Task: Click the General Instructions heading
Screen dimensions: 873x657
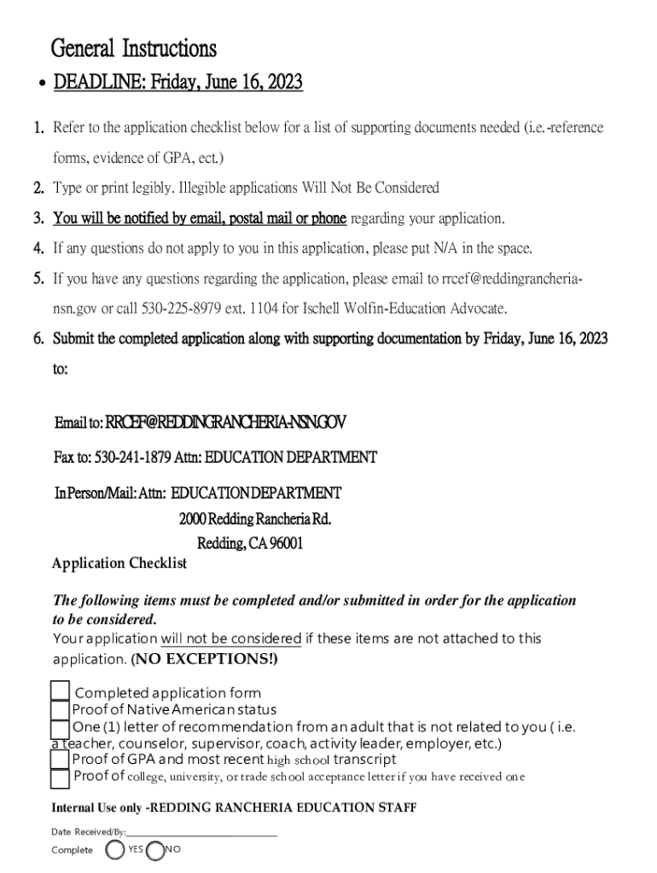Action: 134,48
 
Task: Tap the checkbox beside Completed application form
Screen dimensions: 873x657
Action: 60,691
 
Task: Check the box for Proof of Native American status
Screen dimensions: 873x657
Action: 60,710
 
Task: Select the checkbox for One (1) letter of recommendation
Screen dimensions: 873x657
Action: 60,729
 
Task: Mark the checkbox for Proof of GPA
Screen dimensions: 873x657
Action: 60,759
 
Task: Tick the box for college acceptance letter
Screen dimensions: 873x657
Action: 60,778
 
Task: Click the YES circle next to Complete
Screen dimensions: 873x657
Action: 115,849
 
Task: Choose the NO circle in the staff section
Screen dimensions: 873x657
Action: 155,849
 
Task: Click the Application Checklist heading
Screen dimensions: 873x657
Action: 119,564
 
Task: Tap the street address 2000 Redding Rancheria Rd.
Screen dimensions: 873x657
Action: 254,519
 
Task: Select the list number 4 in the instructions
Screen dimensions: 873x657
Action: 39,249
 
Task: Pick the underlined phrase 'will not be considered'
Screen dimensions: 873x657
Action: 230,639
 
